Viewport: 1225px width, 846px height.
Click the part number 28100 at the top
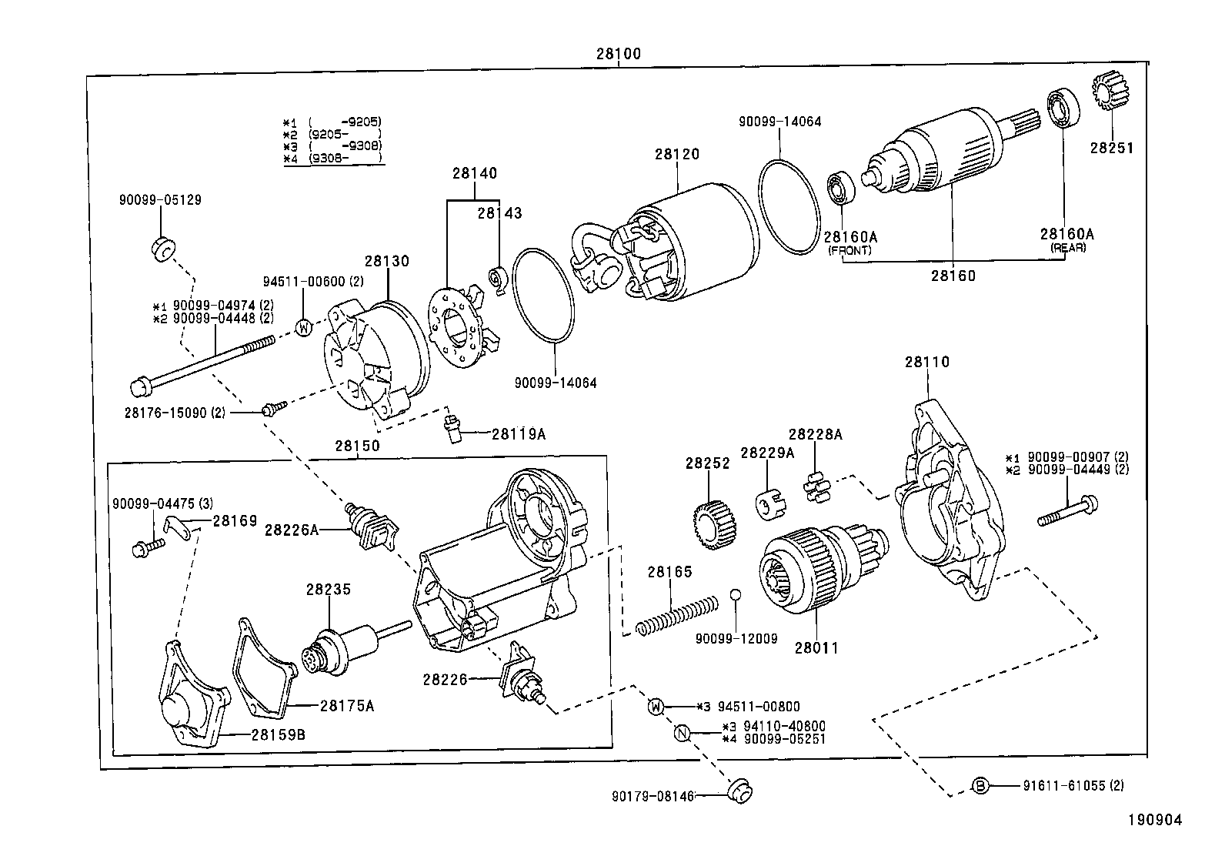(618, 54)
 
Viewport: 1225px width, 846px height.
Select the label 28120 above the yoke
(677, 154)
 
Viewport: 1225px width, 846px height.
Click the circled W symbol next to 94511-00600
(305, 327)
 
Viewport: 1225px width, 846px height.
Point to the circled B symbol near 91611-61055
(980, 786)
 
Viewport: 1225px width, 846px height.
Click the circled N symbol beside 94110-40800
(681, 733)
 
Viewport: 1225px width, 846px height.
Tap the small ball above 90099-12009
(736, 594)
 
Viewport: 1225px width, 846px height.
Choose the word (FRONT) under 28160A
(849, 250)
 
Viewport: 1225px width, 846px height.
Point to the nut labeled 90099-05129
(163, 249)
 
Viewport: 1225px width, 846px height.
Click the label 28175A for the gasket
(347, 705)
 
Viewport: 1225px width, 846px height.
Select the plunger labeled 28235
(345, 646)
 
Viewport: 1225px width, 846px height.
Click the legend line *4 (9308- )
(332, 159)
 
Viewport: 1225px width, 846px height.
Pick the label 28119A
(519, 434)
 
